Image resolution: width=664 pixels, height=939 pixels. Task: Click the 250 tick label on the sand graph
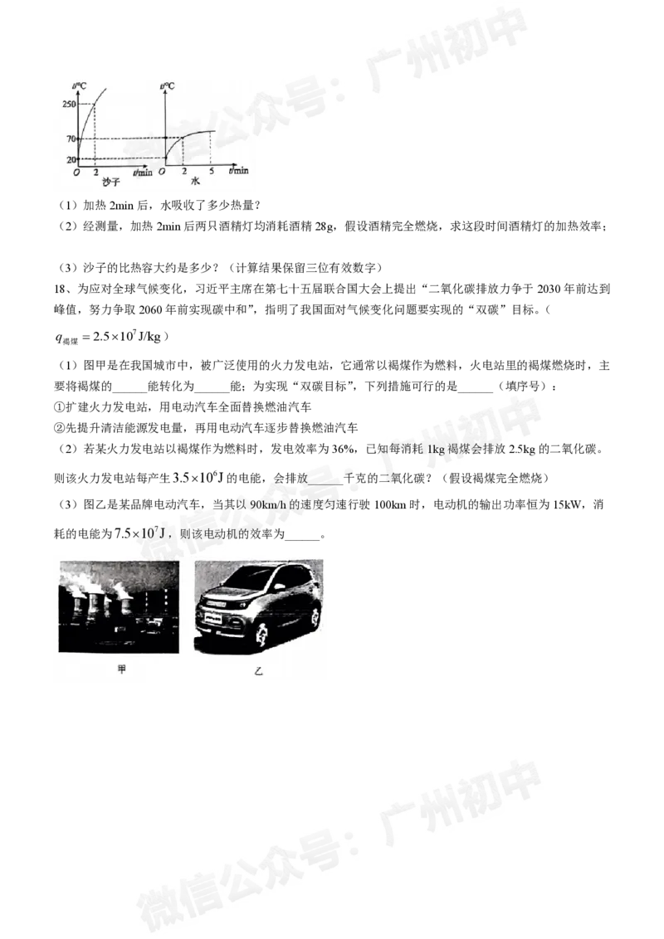(68, 104)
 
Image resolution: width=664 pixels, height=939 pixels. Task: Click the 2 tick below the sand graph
(96, 171)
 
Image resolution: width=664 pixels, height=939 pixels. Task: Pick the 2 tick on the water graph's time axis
(183, 171)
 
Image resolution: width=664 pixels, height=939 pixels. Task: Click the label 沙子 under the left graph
(100, 182)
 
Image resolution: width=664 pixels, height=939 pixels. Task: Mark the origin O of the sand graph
(77, 171)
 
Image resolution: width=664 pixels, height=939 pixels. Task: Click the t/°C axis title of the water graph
(167, 85)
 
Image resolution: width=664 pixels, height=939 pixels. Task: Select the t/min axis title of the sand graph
(143, 171)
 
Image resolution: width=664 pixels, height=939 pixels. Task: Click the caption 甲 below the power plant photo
(121, 669)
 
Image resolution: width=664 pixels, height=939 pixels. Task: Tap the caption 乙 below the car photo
(258, 669)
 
